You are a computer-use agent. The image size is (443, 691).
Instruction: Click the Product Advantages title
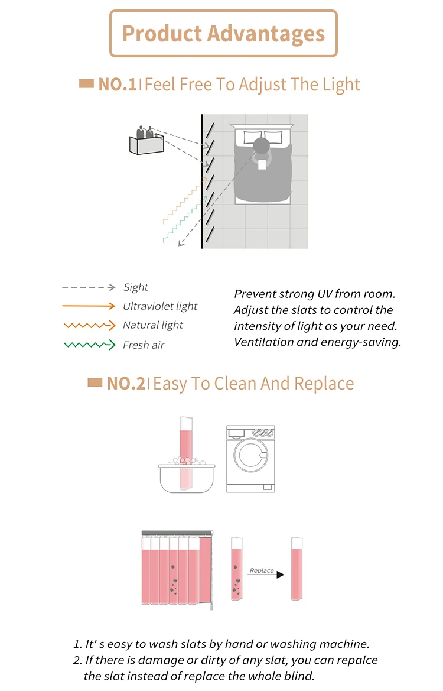[223, 34]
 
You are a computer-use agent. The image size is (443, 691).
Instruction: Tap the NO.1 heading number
[118, 84]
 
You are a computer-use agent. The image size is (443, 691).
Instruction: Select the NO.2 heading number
[126, 384]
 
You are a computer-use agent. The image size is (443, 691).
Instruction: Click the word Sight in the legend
[136, 287]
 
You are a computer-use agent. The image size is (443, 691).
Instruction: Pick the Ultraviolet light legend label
[160, 306]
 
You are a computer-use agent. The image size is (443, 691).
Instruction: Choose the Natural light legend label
[153, 325]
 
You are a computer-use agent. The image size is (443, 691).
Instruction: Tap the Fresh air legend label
[144, 345]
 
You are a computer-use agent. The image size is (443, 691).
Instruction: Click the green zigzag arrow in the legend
[89, 345]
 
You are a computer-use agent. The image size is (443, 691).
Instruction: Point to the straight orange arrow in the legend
[89, 306]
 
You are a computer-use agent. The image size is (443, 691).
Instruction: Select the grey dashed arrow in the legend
[89, 287]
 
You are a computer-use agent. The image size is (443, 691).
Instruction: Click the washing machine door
[251, 456]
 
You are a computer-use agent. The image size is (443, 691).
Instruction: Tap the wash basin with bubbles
[187, 478]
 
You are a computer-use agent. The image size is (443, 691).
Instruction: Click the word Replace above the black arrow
[262, 570]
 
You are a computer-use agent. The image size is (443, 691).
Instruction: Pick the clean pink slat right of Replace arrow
[297, 569]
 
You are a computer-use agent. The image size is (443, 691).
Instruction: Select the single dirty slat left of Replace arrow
[237, 569]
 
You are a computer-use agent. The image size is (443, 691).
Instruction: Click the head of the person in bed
[261, 145]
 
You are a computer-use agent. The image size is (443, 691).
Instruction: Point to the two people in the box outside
[145, 132]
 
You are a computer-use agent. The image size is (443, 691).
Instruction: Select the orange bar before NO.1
[86, 84]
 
